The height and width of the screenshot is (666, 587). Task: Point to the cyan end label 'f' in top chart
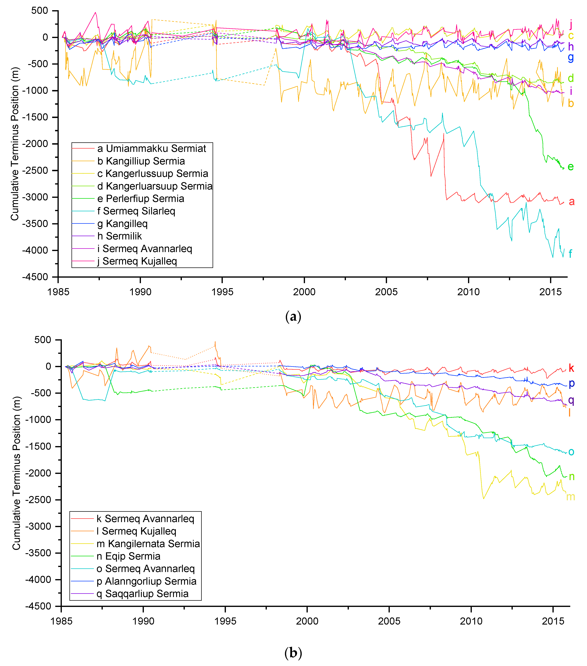pyautogui.click(x=570, y=253)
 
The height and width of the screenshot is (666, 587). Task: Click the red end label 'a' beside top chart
pyautogui.click(x=571, y=202)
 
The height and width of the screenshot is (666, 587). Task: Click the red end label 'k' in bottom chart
pyautogui.click(x=571, y=368)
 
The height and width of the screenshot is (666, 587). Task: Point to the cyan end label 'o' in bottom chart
pyautogui.click(x=571, y=452)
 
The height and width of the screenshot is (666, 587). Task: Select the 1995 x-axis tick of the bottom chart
pyautogui.click(x=225, y=621)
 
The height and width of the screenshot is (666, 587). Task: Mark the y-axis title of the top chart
pyautogui.click(x=15, y=144)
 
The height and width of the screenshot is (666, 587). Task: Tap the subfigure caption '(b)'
pyautogui.click(x=293, y=653)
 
